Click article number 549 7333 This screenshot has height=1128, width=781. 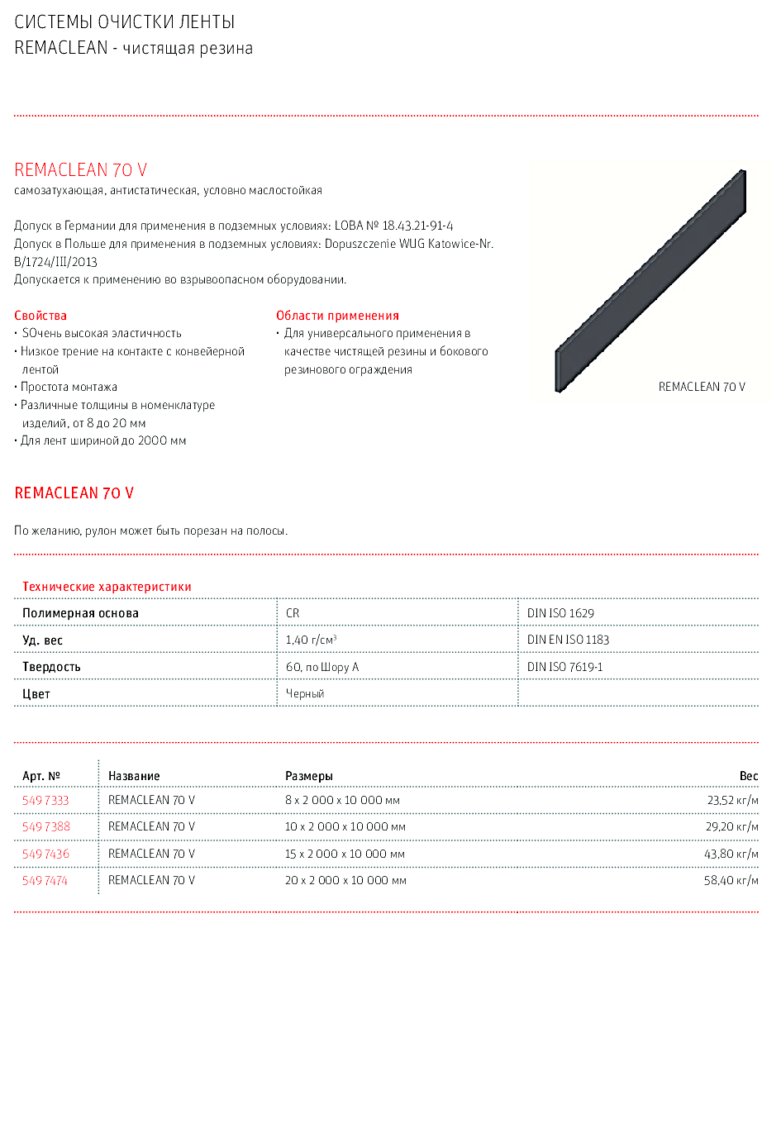tap(45, 800)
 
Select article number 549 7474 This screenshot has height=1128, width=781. tap(45, 880)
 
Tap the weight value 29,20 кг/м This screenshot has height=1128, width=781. tap(731, 826)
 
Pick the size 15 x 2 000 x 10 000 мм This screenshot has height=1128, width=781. tap(345, 854)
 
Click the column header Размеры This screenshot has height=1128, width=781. tap(308, 776)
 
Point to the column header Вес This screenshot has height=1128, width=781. tap(749, 776)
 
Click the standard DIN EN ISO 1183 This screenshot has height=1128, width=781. tap(568, 640)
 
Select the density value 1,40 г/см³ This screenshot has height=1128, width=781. tap(311, 640)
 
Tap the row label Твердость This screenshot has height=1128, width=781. tap(51, 667)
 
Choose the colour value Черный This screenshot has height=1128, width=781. tap(305, 693)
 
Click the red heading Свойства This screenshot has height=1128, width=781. tap(40, 316)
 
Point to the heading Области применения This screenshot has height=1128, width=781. tap(337, 316)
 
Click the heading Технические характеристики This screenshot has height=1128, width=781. tap(107, 587)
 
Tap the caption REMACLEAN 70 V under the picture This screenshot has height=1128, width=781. tap(702, 387)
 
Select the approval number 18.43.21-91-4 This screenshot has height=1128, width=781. tap(417, 226)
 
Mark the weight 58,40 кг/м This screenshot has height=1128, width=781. tap(731, 880)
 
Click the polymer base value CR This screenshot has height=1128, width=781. tap(293, 613)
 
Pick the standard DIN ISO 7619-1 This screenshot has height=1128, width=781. tap(564, 667)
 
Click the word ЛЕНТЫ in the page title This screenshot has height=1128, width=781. tap(207, 22)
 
